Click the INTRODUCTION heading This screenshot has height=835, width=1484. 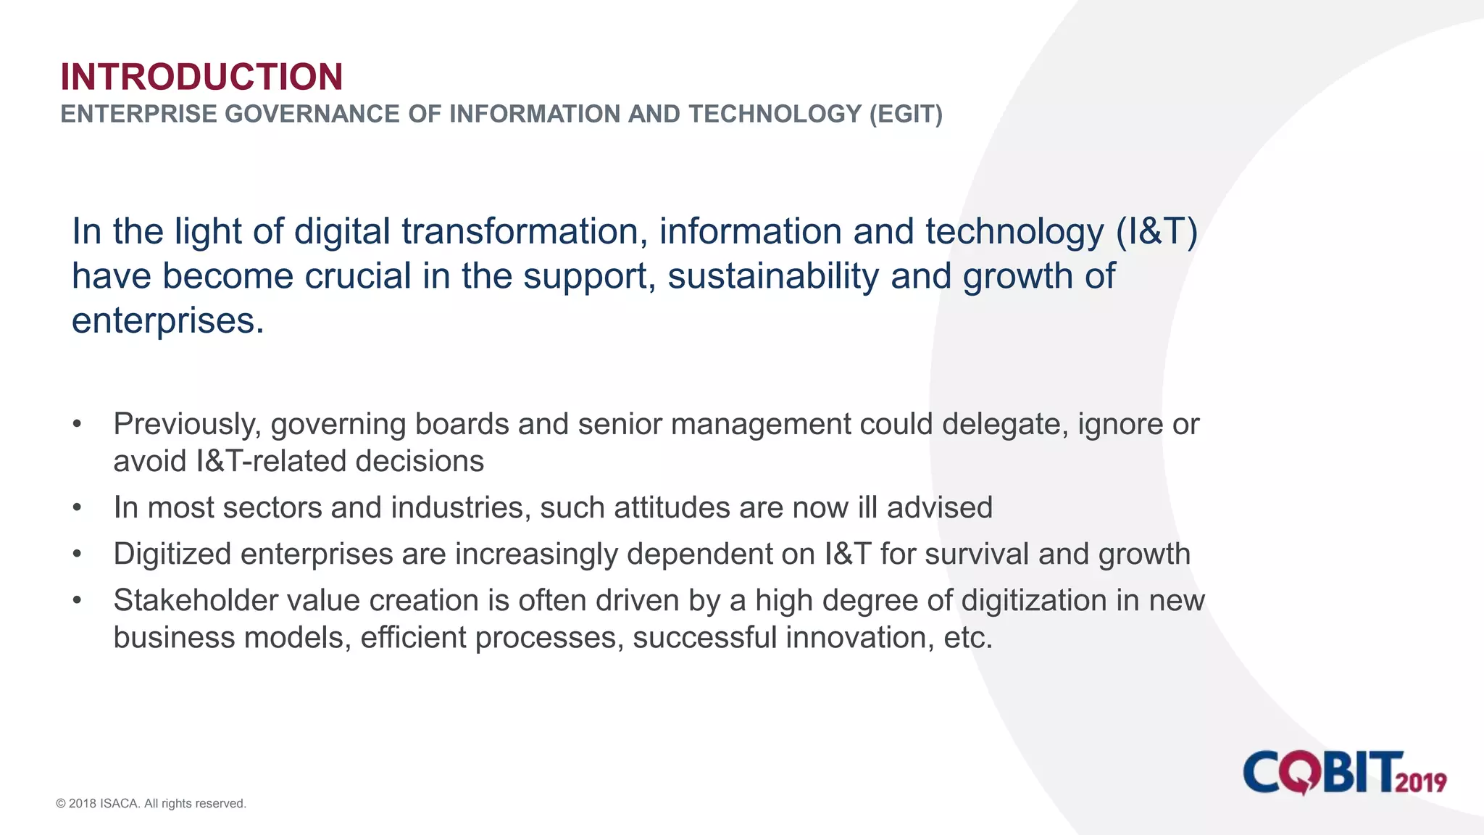pos(201,77)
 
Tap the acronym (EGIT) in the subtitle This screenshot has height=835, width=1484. pos(906,115)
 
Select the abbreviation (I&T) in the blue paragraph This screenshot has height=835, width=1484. pos(1156,232)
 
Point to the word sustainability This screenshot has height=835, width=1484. pos(772,276)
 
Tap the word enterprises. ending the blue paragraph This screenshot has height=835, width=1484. pos(167,320)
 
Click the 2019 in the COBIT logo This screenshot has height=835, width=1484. pos(1421,783)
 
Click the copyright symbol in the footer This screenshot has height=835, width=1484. pos(61,804)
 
